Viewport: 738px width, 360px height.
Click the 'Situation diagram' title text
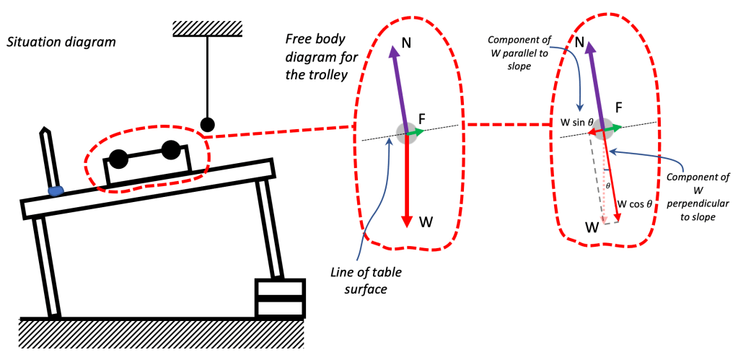coord(61,42)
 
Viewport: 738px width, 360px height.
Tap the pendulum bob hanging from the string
coord(208,124)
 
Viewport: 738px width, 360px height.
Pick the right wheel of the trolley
coord(170,150)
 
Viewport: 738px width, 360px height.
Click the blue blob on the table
coord(56,190)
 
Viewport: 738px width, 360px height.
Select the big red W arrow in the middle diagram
coord(407,180)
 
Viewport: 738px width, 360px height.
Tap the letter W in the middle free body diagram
coord(427,221)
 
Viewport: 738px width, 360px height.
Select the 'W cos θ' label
coord(634,204)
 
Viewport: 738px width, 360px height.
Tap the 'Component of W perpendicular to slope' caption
coord(696,197)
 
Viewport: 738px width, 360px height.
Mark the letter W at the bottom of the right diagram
coord(592,228)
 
